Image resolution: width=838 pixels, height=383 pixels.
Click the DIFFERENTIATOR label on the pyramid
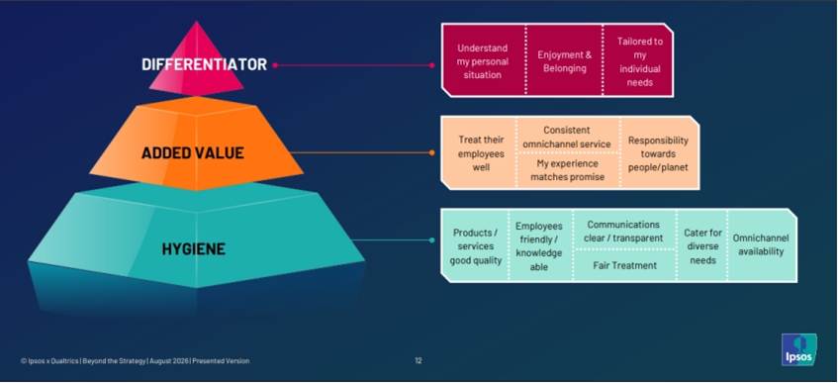pyautogui.click(x=204, y=64)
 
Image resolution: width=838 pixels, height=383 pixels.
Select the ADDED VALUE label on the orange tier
pyautogui.click(x=192, y=153)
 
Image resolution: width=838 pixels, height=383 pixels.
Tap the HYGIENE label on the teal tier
pyautogui.click(x=194, y=248)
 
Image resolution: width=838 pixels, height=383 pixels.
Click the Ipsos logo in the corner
pyautogui.click(x=799, y=349)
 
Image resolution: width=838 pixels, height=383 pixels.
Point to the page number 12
pyautogui.click(x=418, y=360)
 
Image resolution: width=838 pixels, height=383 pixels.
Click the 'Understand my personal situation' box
pyautogui.click(x=483, y=60)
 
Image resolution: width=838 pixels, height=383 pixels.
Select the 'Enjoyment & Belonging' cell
pyautogui.click(x=564, y=60)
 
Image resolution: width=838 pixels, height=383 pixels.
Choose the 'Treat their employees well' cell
pyautogui.click(x=480, y=153)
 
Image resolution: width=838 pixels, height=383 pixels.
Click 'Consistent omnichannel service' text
pyautogui.click(x=567, y=137)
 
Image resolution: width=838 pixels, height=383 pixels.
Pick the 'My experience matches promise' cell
pyautogui.click(x=569, y=170)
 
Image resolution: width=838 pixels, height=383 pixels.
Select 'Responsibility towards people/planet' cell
pyautogui.click(x=659, y=153)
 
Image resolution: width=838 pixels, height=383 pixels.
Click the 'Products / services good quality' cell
pyautogui.click(x=475, y=246)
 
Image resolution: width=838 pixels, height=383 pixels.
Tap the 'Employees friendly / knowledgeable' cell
pyautogui.click(x=540, y=246)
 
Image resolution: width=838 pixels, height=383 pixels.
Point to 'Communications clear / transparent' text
pyautogui.click(x=623, y=231)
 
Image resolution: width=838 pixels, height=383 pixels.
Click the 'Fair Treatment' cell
pyautogui.click(x=624, y=265)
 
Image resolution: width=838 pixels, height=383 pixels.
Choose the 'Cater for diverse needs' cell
pyautogui.click(x=702, y=246)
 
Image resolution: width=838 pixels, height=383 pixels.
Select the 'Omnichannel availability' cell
pyautogui.click(x=762, y=245)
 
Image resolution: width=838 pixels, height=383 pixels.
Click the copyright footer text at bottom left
pyautogui.click(x=135, y=360)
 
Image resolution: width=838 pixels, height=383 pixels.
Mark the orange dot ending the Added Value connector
pyautogui.click(x=431, y=153)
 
